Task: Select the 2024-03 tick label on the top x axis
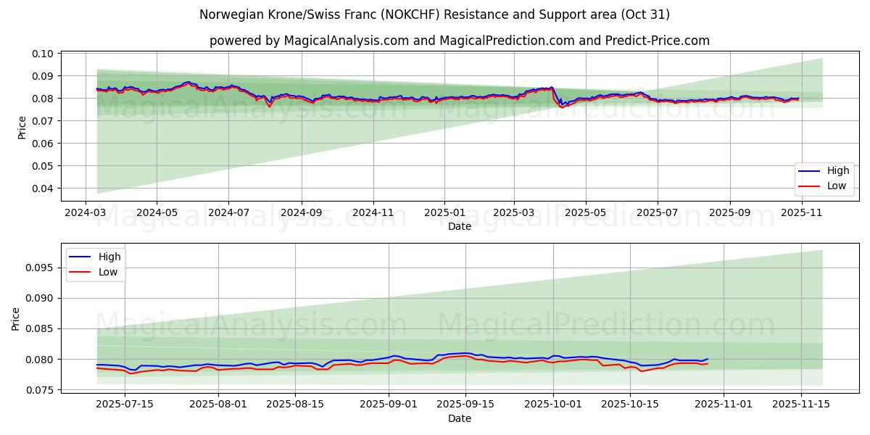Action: point(86,213)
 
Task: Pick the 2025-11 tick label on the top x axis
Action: point(801,213)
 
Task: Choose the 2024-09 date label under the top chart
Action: point(301,213)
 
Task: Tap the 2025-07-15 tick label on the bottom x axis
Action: point(124,405)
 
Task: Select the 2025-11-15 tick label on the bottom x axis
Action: point(800,405)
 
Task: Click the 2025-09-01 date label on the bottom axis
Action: point(389,405)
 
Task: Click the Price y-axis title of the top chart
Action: point(22,127)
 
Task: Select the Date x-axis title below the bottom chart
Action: point(459,418)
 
